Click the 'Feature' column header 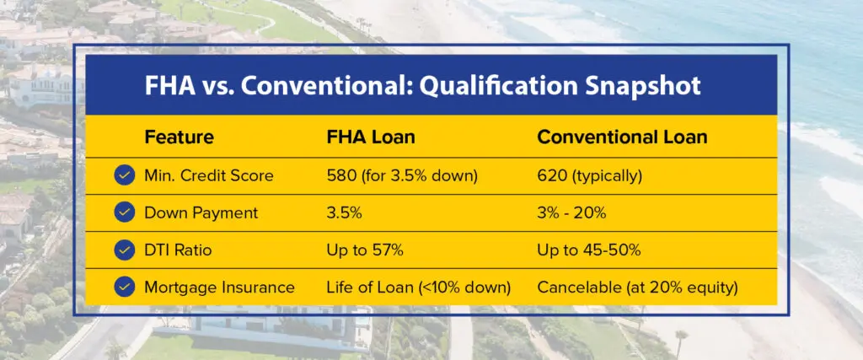180,137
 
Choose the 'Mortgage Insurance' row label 220,287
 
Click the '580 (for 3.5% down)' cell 403,175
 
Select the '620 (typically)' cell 591,175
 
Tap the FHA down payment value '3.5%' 345,213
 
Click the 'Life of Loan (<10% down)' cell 419,287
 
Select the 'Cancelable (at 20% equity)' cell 638,287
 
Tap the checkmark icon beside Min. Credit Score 125,175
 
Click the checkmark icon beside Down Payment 125,213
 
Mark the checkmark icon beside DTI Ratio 125,250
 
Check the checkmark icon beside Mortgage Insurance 125,287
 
